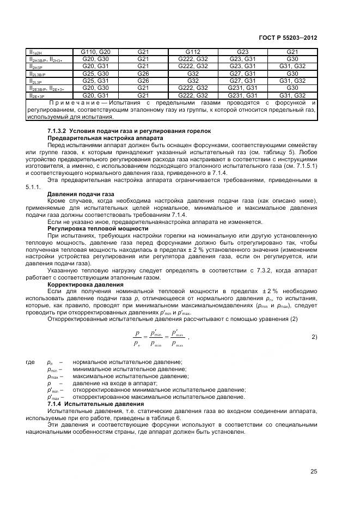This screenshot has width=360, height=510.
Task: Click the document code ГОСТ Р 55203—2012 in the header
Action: (x=290, y=38)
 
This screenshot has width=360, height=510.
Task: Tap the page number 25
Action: (x=314, y=471)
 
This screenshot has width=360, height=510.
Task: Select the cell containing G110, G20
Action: (x=96, y=52)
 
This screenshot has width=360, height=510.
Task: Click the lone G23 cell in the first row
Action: (x=243, y=52)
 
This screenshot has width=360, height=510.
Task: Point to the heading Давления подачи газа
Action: (x=81, y=193)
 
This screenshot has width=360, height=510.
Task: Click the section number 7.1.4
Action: (x=55, y=404)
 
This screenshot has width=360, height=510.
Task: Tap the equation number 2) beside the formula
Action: (x=314, y=337)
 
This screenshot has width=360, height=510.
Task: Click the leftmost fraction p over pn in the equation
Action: (x=138, y=337)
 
